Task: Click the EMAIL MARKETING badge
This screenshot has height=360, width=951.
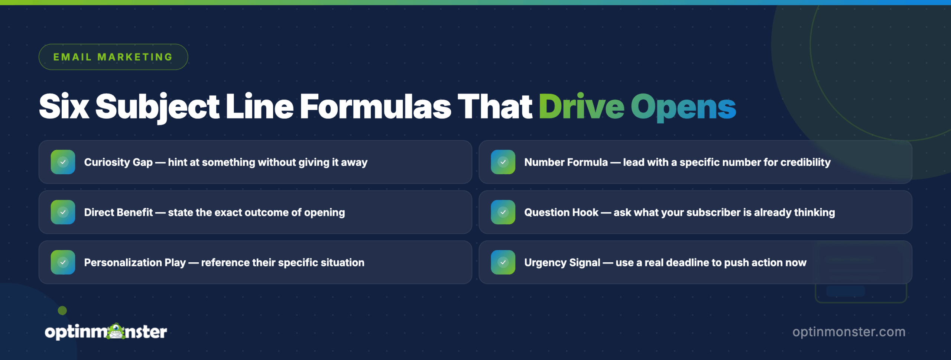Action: [113, 57]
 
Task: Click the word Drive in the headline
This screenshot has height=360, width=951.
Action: [581, 107]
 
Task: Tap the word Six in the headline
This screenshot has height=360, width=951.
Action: [64, 107]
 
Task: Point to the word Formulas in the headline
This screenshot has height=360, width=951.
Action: [375, 107]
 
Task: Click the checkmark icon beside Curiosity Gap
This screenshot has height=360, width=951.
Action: [63, 162]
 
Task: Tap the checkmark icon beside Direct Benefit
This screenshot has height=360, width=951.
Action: [63, 212]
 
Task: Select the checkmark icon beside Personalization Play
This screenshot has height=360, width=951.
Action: [63, 262]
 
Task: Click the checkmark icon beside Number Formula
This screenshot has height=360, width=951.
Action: [503, 162]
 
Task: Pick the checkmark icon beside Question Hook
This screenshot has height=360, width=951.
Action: [503, 212]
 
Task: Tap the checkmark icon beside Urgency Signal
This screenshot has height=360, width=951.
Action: [503, 262]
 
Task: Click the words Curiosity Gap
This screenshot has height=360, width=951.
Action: [118, 162]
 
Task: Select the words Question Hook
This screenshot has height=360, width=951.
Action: [561, 213]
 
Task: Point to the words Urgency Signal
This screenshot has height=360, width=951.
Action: [562, 263]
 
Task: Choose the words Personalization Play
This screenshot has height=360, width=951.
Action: [135, 263]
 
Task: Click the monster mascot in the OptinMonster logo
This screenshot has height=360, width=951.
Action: [117, 331]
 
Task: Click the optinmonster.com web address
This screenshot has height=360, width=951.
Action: [849, 332]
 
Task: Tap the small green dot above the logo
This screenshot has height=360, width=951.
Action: [62, 310]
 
